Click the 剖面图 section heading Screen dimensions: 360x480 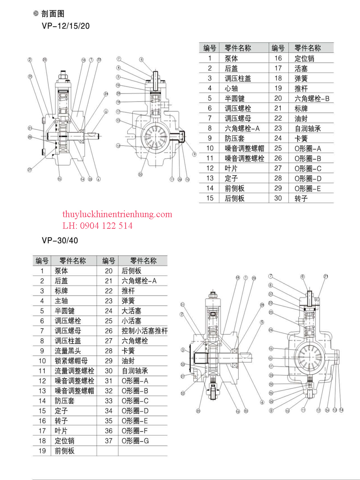pyautogui.click(x=52, y=14)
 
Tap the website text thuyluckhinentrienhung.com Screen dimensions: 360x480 pyautogui.click(x=117, y=214)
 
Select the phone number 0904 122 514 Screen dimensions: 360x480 pyautogui.click(x=106, y=226)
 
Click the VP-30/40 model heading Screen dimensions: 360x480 pyautogui.click(x=60, y=241)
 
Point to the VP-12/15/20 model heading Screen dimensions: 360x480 pyautogui.click(x=66, y=26)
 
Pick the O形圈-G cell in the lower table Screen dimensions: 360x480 pyautogui.click(x=135, y=441)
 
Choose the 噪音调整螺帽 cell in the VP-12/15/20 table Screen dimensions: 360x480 pyautogui.click(x=244, y=148)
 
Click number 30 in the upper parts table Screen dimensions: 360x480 pyautogui.click(x=278, y=198)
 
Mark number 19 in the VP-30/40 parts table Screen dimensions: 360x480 pyautogui.click(x=42, y=451)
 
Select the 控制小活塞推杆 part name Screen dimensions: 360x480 pyautogui.click(x=144, y=331)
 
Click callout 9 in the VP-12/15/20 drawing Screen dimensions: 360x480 pyautogui.click(x=194, y=154)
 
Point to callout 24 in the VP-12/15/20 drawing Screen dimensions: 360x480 pyautogui.click(x=106, y=94)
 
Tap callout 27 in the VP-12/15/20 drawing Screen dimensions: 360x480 pyautogui.click(x=29, y=170)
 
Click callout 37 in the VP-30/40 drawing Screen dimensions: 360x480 pyautogui.click(x=271, y=294)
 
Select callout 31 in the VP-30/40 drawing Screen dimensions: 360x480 pyautogui.click(x=182, y=305)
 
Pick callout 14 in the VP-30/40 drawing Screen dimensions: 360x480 pyautogui.click(x=341, y=410)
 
